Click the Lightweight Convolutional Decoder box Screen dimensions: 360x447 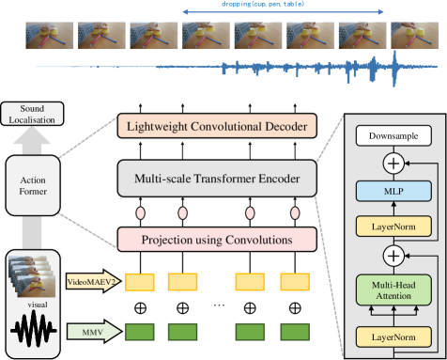click(216, 125)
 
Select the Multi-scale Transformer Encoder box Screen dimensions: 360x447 click(216, 179)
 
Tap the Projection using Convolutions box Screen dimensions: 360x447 click(216, 239)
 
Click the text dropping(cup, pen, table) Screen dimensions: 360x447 click(282, 6)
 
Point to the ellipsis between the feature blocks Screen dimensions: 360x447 click(218, 306)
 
